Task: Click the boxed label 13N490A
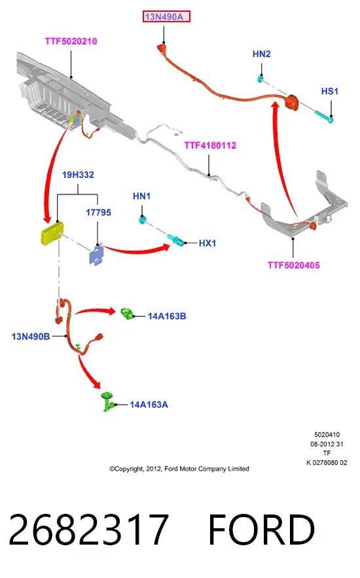pos(166,16)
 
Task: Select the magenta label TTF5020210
pos(71,41)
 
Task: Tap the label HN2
pos(262,54)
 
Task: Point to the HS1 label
pos(330,92)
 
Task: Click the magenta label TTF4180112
pos(210,145)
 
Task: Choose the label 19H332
pos(78,175)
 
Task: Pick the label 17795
pos(98,213)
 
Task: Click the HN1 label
pos(142,196)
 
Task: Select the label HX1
pos(207,244)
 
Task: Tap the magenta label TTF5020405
pos(294,265)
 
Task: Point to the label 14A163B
pos(167,316)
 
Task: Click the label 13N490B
pos(31,336)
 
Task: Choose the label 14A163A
pos(149,405)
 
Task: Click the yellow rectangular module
pos(52,233)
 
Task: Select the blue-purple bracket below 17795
pos(96,255)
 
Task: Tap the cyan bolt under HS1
pos(324,115)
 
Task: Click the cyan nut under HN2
pos(260,79)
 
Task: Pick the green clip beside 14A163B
pos(128,314)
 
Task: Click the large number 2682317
pos(88,530)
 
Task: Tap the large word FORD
pos(262,530)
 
